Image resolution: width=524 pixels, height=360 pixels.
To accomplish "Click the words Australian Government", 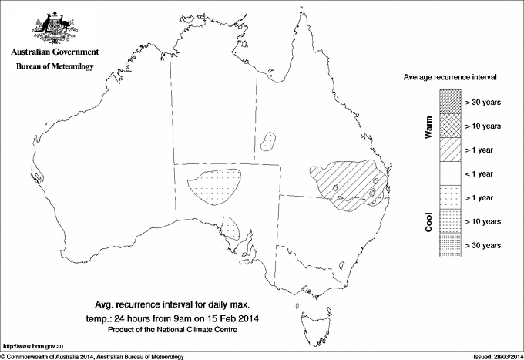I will pos(54,52).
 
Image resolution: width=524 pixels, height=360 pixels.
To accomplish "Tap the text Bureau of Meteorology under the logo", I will pos(54,66).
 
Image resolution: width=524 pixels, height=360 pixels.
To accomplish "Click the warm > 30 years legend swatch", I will pos(450,101).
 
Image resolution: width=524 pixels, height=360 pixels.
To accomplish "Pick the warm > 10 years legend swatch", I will pos(450,125).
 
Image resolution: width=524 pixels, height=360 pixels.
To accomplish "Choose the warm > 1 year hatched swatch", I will pos(450,149).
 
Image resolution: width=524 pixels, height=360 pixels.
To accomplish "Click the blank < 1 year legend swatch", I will pos(450,173).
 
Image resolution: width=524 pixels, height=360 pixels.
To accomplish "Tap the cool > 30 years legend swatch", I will pos(450,245).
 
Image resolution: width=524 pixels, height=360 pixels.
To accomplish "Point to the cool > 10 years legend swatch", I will pos(450,221).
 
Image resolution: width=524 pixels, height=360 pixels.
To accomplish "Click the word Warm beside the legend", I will pos(428,126).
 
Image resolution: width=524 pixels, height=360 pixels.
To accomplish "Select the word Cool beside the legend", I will pos(428,221).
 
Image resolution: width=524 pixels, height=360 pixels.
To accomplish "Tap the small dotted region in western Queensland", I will pos(269,141).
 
